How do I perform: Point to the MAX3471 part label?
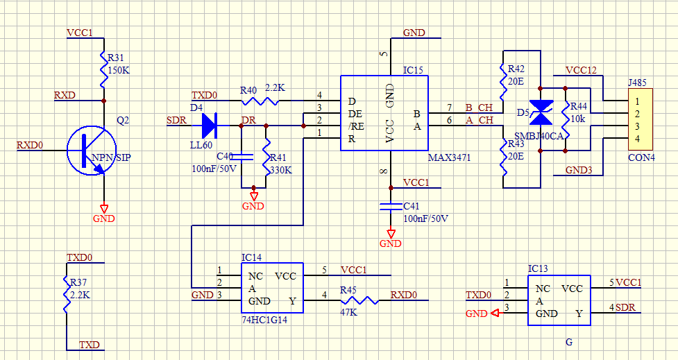[x=449, y=158]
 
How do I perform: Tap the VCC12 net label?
[x=581, y=70]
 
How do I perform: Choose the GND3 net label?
[x=579, y=170]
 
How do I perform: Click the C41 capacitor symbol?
[x=391, y=206]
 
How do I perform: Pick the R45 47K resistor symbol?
[x=359, y=300]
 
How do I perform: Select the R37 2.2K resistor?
[x=66, y=298]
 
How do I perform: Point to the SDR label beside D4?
[x=177, y=120]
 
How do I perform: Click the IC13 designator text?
[x=538, y=268]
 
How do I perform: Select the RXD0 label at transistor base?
[x=30, y=145]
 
